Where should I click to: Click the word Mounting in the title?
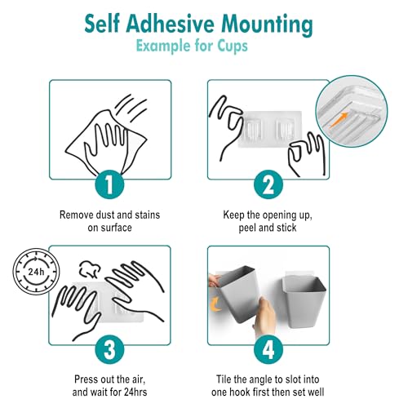267,25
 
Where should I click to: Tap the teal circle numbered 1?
109,185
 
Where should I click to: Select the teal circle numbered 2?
268,185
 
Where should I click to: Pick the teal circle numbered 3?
109,350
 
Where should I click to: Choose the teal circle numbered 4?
268,350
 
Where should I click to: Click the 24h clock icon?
36,272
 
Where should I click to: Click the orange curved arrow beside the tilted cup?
215,304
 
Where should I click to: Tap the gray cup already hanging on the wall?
304,301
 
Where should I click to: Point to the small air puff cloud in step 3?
90,269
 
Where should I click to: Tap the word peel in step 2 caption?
247,228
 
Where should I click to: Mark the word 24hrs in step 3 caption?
135,392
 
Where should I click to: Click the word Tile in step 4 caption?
224,379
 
